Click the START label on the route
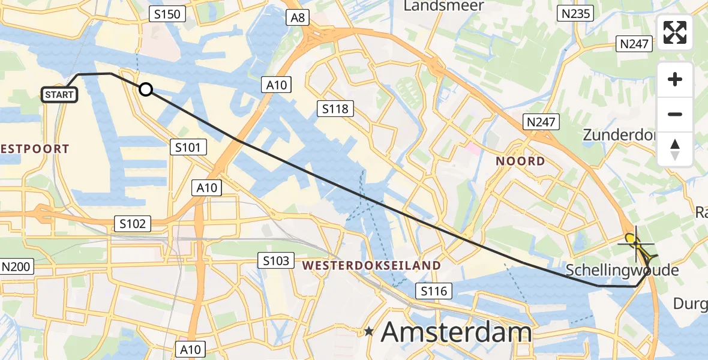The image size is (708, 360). coord(59,95)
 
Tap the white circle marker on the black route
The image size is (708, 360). coord(145,90)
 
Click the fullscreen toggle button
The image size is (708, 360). coord(675,32)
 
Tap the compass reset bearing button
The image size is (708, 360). coord(675,149)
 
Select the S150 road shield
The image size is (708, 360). coord(167,14)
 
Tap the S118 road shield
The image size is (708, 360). coord(335,109)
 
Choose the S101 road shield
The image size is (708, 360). coord(188,147)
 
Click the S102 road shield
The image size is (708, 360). coord(133,224)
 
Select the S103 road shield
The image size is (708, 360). coord(277,260)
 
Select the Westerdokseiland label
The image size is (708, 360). coord(372,265)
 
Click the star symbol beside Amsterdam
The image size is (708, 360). coord(370,331)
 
